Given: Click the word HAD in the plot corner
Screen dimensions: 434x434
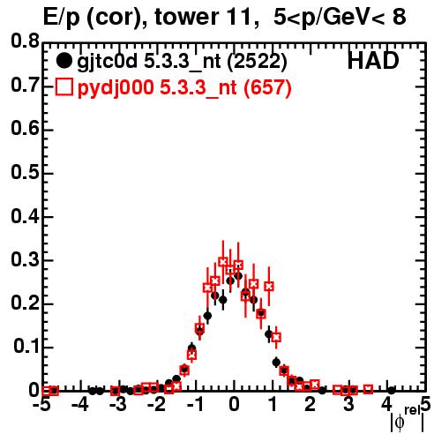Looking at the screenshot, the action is [373, 61].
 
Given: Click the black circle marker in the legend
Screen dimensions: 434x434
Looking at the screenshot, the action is [64, 61].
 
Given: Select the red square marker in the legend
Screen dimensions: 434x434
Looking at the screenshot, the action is [64, 87].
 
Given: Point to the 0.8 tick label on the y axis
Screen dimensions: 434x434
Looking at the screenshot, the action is [25, 41].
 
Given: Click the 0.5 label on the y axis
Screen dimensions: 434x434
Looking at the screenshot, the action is [25, 172].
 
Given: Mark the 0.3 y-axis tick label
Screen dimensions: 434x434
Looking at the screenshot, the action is [25, 260].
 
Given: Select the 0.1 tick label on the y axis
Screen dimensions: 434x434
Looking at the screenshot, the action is [26, 347].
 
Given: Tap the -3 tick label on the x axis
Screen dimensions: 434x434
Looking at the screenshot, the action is [118, 405].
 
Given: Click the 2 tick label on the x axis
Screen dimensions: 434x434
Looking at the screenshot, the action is [310, 405].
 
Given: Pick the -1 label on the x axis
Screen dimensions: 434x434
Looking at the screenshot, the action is [195, 405].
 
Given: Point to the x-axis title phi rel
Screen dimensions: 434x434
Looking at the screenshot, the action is [408, 419].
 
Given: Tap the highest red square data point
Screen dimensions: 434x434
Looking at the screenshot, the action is [223, 261].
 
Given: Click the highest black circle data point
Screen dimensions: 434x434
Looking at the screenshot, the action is [238, 276].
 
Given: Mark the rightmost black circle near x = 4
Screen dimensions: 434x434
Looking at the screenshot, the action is [392, 391].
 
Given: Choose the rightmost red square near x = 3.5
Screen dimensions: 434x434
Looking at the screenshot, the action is [368, 389].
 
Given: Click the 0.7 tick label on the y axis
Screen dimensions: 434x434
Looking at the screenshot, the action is [25, 86].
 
